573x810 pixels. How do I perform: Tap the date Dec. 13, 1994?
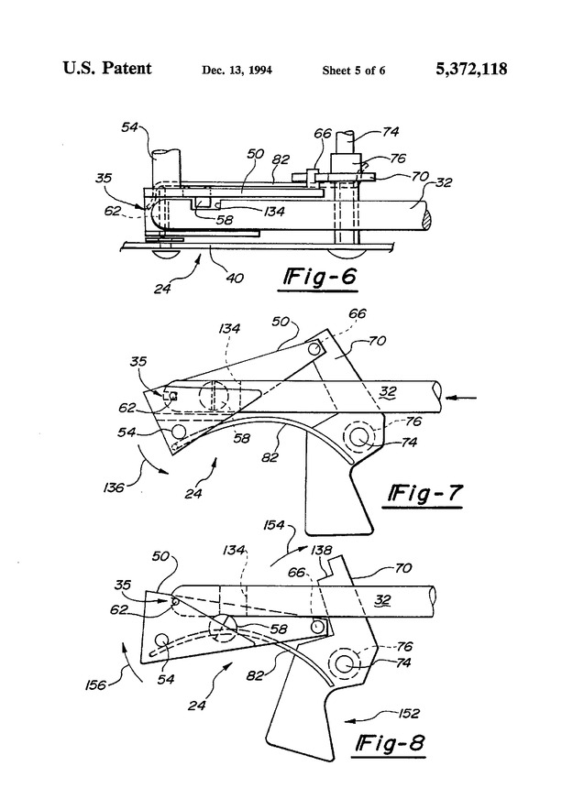(x=236, y=71)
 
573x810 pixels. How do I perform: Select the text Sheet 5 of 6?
(x=353, y=71)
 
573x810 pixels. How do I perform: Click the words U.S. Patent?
(x=107, y=69)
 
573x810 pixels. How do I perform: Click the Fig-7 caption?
(x=423, y=496)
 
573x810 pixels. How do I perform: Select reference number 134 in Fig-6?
(x=272, y=212)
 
